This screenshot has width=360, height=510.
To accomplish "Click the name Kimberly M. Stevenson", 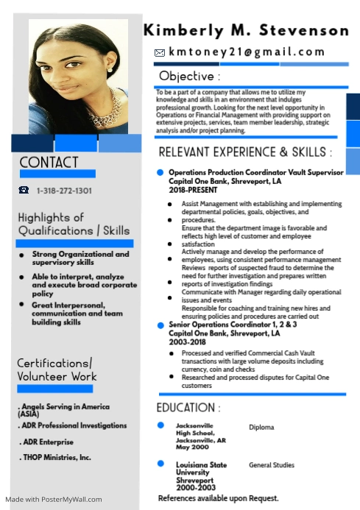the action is tap(246, 30).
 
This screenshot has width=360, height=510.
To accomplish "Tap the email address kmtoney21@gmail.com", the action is tap(247, 52).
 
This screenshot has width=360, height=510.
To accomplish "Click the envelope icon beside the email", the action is tap(159, 53).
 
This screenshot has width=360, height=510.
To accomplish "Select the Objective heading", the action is tap(189, 76).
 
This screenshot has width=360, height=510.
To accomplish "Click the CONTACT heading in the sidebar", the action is tap(49, 163).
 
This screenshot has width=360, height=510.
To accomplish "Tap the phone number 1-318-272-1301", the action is tap(64, 191).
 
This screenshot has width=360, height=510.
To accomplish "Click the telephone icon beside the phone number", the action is tap(24, 191).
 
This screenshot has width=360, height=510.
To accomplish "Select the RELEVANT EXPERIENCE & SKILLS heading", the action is tap(245, 152).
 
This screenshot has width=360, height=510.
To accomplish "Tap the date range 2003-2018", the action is tap(187, 342).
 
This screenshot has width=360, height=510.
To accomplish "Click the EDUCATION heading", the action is tap(188, 408).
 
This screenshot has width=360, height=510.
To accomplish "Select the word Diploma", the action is tap(261, 428).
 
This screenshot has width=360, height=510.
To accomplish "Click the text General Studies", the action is tap(272, 465).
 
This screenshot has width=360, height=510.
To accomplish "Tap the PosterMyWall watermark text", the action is tap(54, 500).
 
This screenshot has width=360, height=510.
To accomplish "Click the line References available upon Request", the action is tap(219, 498).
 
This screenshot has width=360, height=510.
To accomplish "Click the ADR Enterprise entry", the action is tap(46, 442).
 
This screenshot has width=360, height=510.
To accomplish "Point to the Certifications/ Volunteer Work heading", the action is tap(57, 369).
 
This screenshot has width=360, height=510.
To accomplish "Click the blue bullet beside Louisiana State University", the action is tap(160, 464).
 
